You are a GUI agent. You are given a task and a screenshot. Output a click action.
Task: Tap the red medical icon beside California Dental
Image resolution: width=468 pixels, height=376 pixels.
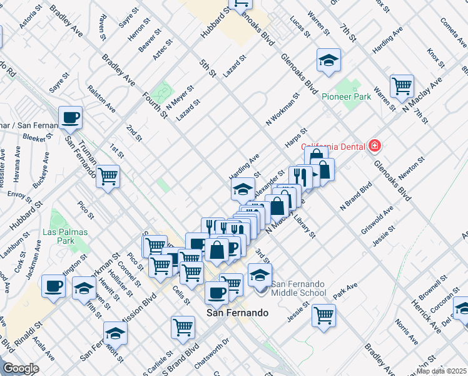pos(375,146)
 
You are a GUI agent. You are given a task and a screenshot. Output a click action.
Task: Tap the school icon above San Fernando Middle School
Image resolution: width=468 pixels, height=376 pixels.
pos(260,274)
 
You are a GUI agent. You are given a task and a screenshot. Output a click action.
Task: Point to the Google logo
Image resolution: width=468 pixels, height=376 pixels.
pos(20,369)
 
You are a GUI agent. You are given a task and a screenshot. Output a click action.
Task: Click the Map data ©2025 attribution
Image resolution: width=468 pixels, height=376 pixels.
pos(442,371)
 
